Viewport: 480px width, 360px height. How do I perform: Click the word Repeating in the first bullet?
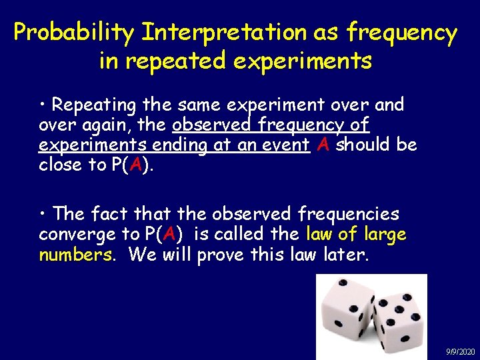coord(93,105)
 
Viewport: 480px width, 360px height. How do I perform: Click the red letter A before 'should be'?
coord(323,145)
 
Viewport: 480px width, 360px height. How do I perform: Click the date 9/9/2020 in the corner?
coord(460,351)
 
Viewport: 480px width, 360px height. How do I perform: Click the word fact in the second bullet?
coord(109,214)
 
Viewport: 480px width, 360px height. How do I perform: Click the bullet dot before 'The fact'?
coord(43,214)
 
